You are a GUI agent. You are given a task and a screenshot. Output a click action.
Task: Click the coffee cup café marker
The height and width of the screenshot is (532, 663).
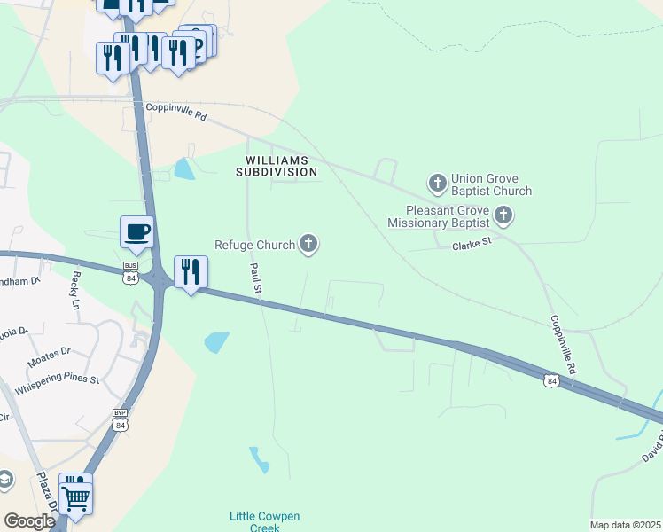click(x=136, y=233)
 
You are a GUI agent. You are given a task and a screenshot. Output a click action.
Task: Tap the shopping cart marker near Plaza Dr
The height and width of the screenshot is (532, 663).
click(x=76, y=497)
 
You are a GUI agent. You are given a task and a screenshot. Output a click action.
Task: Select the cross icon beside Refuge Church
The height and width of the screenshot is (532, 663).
click(x=308, y=243)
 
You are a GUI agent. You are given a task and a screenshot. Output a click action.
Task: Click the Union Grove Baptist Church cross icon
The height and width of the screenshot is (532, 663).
click(x=437, y=184)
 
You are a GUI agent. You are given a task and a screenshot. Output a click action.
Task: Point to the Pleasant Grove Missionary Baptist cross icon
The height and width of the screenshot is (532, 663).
click(x=503, y=215)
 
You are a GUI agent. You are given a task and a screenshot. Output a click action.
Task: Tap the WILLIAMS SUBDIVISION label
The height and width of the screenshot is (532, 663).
click(x=277, y=166)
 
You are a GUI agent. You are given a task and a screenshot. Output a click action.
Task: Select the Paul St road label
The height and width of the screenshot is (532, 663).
click(x=255, y=278)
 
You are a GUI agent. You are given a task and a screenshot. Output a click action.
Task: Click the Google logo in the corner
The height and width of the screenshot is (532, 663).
click(x=29, y=521)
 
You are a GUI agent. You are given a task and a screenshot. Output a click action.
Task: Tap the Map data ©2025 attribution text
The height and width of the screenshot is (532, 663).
click(x=625, y=525)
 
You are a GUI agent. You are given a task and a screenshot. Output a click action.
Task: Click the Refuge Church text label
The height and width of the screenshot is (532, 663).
click(x=254, y=245)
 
